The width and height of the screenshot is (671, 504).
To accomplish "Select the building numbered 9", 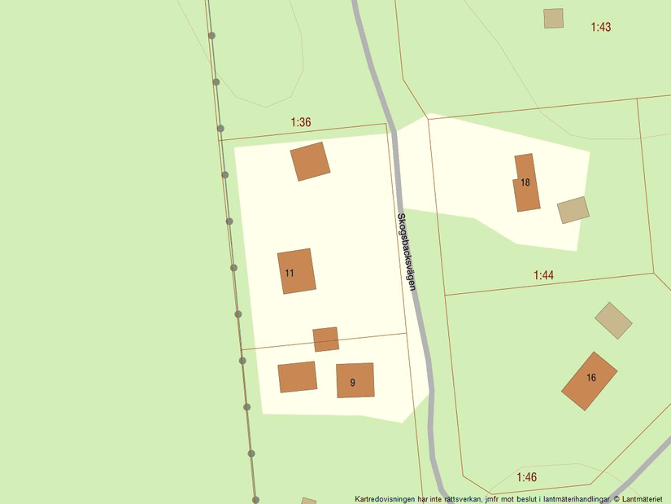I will click(355, 380).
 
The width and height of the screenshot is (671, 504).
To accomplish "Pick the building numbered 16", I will click(590, 381).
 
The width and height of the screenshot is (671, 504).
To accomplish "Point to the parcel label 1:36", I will click(301, 122).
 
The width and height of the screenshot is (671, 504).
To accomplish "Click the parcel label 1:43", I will click(600, 27).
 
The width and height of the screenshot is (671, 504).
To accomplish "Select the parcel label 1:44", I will click(543, 275).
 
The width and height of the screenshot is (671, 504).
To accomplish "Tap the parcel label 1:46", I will click(526, 476).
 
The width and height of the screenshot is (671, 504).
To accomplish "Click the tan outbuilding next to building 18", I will click(573, 209).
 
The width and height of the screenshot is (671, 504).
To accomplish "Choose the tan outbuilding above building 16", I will click(613, 320).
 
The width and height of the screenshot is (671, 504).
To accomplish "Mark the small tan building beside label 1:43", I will click(553, 18).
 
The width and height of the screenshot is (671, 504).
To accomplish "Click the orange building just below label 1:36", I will click(310, 161).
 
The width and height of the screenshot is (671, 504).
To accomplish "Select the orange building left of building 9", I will click(297, 377).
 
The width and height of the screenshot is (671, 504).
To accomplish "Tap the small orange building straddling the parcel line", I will click(325, 339).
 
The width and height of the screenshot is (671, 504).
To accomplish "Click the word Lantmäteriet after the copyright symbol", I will click(643, 498).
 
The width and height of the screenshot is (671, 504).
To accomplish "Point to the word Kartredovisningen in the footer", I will click(388, 498).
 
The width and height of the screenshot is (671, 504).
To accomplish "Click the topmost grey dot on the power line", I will click(211, 35).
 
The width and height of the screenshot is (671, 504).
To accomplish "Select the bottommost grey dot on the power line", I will click(255, 499).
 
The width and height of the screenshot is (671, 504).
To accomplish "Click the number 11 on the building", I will click(290, 273).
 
